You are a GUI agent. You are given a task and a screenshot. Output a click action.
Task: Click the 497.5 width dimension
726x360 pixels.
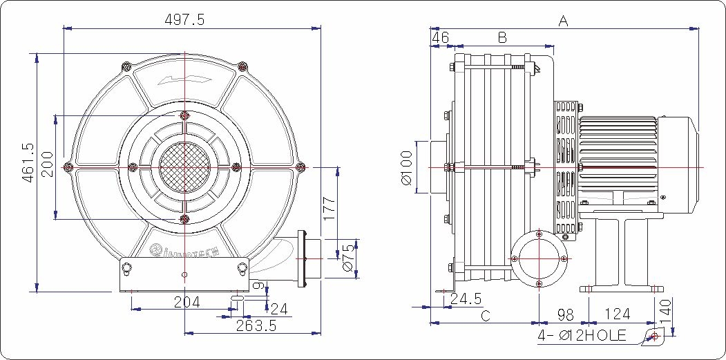coord(184,20)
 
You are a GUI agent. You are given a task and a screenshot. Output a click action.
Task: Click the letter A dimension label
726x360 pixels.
coord(563,21)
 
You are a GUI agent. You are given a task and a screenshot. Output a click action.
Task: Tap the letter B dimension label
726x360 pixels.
coord(503,37)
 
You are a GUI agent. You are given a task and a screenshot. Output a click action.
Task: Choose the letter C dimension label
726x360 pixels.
coord(486,316)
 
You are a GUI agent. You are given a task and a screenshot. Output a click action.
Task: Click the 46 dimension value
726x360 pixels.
coord(440,37)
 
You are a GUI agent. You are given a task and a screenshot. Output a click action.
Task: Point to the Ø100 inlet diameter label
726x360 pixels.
coord(406,168)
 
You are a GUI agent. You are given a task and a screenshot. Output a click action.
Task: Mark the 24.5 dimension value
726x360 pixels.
coord(466,299)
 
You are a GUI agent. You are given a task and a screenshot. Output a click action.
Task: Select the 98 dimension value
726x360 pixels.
coord(565,315)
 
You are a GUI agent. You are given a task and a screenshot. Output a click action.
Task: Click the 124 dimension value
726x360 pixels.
coord(617,315)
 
